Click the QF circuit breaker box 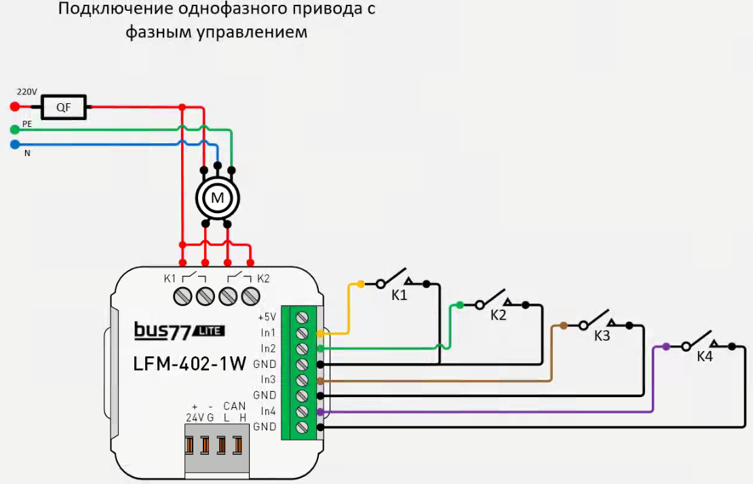(63, 107)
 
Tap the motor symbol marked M (218, 198)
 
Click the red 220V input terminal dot (14, 107)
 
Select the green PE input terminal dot (14, 128)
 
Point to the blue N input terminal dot (14, 144)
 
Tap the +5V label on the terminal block (267, 317)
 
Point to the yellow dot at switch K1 (360, 284)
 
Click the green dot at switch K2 (460, 305)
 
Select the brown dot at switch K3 (564, 326)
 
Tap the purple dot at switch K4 (666, 346)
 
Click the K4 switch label (705, 357)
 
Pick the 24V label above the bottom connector (195, 417)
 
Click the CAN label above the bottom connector (234, 407)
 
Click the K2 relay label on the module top (264, 278)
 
